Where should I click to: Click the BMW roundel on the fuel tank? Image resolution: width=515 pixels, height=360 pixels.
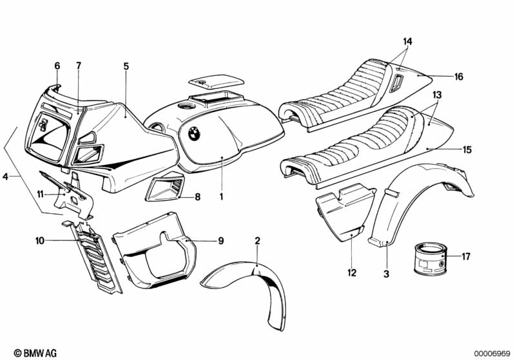[x=194, y=133]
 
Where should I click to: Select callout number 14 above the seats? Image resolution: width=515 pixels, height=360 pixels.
[x=407, y=42]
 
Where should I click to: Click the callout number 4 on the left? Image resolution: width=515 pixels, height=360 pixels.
[x=5, y=176]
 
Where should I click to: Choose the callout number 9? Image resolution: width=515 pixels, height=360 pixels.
[x=221, y=241]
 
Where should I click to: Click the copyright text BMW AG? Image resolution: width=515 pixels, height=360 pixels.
[x=35, y=353]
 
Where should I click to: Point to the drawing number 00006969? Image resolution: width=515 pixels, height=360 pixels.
[x=491, y=354]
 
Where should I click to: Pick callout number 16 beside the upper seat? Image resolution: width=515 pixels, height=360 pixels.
[x=459, y=77]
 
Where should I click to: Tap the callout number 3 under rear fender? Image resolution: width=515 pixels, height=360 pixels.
[x=387, y=274]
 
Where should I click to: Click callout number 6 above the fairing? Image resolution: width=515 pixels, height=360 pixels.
[x=57, y=66]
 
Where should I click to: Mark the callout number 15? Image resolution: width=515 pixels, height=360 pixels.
[x=467, y=150]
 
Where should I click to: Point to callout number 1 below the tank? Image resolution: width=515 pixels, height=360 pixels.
[x=222, y=197]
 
